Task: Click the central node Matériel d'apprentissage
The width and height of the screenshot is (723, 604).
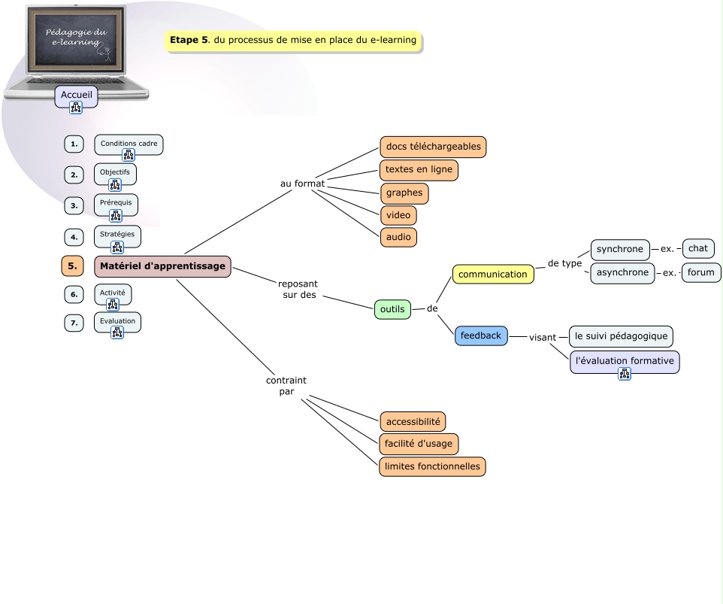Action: [x=162, y=266]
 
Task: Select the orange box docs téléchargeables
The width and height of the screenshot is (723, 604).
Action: [x=433, y=147]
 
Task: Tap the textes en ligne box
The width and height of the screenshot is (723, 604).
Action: [x=419, y=170]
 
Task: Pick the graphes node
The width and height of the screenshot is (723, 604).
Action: [x=404, y=193]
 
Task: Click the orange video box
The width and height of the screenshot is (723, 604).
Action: [x=398, y=215]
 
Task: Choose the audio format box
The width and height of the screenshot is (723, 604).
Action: [x=398, y=237]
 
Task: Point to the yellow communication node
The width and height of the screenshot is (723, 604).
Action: [x=493, y=275]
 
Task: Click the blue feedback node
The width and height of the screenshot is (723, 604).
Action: [x=481, y=335]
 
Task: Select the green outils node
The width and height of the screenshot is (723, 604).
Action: [x=392, y=309]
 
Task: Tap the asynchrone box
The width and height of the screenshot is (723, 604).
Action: [x=622, y=272]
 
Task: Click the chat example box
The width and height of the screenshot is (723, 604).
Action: [x=697, y=248]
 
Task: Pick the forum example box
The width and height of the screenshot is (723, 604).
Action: [x=700, y=272]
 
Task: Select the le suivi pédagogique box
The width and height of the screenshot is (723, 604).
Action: [x=621, y=335]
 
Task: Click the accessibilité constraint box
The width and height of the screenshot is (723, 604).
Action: [x=413, y=421]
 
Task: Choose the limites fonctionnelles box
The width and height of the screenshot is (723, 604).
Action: [x=432, y=466]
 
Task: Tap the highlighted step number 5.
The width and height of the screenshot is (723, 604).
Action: [x=73, y=266]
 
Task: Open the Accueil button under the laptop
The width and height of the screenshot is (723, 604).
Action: [x=76, y=95]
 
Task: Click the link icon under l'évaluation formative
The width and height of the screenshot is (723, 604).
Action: [x=624, y=374]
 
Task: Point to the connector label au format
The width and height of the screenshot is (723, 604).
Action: [x=302, y=184]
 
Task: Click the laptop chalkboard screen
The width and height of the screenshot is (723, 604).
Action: [x=77, y=39]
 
